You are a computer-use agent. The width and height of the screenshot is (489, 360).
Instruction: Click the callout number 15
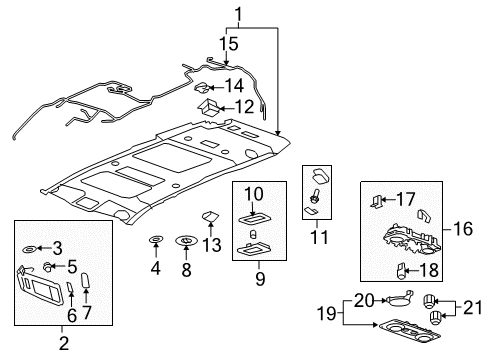point(229,44)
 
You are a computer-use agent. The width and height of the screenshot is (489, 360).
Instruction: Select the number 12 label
point(244,107)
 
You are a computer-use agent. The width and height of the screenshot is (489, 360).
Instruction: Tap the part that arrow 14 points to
point(202,88)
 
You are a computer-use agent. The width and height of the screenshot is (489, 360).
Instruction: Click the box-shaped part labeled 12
point(208,107)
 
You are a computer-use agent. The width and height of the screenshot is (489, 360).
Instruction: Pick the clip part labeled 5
point(48,266)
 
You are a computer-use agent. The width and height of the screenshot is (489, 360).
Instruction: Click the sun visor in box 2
point(40,285)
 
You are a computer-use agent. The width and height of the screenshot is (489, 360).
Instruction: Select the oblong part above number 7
point(86,280)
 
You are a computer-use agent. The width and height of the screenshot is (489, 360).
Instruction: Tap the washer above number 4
point(156,239)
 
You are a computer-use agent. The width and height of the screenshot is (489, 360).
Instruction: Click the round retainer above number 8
point(186,240)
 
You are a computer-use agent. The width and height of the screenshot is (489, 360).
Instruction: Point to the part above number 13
point(210,216)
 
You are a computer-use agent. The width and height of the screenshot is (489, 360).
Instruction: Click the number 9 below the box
point(260,278)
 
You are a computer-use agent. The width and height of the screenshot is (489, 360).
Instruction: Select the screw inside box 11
point(314,196)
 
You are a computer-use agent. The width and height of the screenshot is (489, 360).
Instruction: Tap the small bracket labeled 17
point(376,201)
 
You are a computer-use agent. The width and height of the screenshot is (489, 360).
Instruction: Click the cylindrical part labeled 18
point(402,270)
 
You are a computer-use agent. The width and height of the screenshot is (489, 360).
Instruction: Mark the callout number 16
point(463,229)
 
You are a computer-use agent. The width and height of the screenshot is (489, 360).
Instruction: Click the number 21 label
point(472,307)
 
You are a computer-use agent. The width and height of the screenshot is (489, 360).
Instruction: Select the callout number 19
point(326,313)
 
